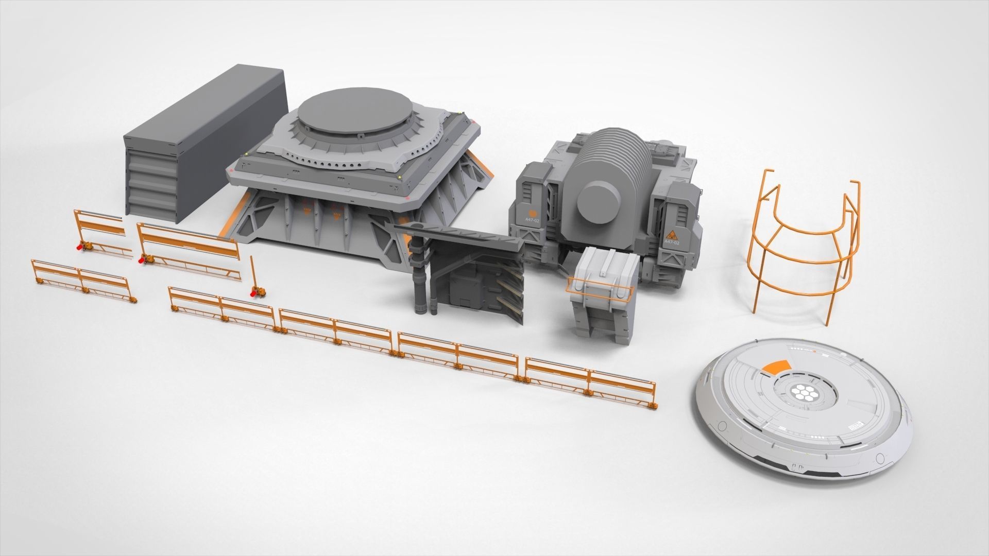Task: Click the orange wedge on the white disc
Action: point(777,367)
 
